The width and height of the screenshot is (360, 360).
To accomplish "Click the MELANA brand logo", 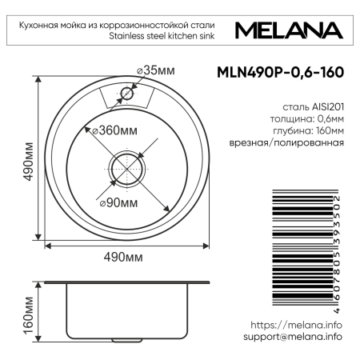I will click(290, 30).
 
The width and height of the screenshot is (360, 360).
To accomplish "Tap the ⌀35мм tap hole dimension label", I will click(155, 72).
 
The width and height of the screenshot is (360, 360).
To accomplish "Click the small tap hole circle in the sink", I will click(126, 94).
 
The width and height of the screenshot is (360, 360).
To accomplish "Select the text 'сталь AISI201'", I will click(313, 106).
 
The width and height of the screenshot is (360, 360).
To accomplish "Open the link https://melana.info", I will click(296, 325).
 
